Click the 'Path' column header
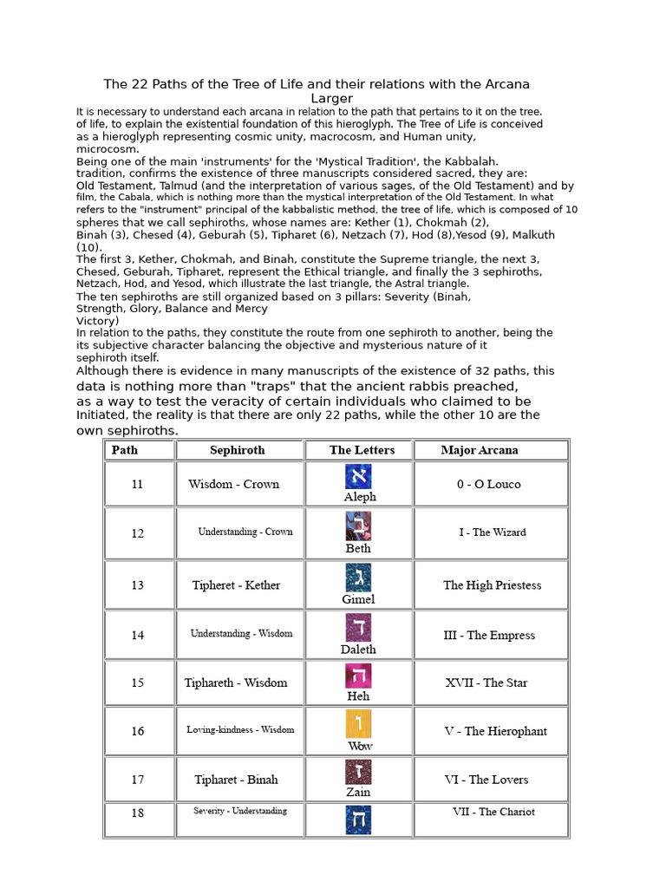coord(125,450)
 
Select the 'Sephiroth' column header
coord(238,450)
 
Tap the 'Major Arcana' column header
coord(480,450)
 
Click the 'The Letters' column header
coord(362,450)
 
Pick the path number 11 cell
coord(138,485)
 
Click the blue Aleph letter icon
coord(358,477)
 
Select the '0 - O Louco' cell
coord(489,485)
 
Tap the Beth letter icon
coord(358,526)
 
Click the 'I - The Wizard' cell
coord(493,532)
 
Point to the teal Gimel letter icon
coord(358,578)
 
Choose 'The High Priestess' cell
coord(493,585)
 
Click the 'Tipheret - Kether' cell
coord(237,585)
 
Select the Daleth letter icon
coord(358,627)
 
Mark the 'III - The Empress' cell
coord(489,636)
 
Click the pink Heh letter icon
coord(358,676)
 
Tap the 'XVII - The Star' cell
coord(486,683)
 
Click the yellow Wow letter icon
coord(358,724)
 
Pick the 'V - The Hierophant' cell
coord(495,732)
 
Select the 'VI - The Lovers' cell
coord(486,780)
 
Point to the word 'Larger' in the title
coord(332,99)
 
